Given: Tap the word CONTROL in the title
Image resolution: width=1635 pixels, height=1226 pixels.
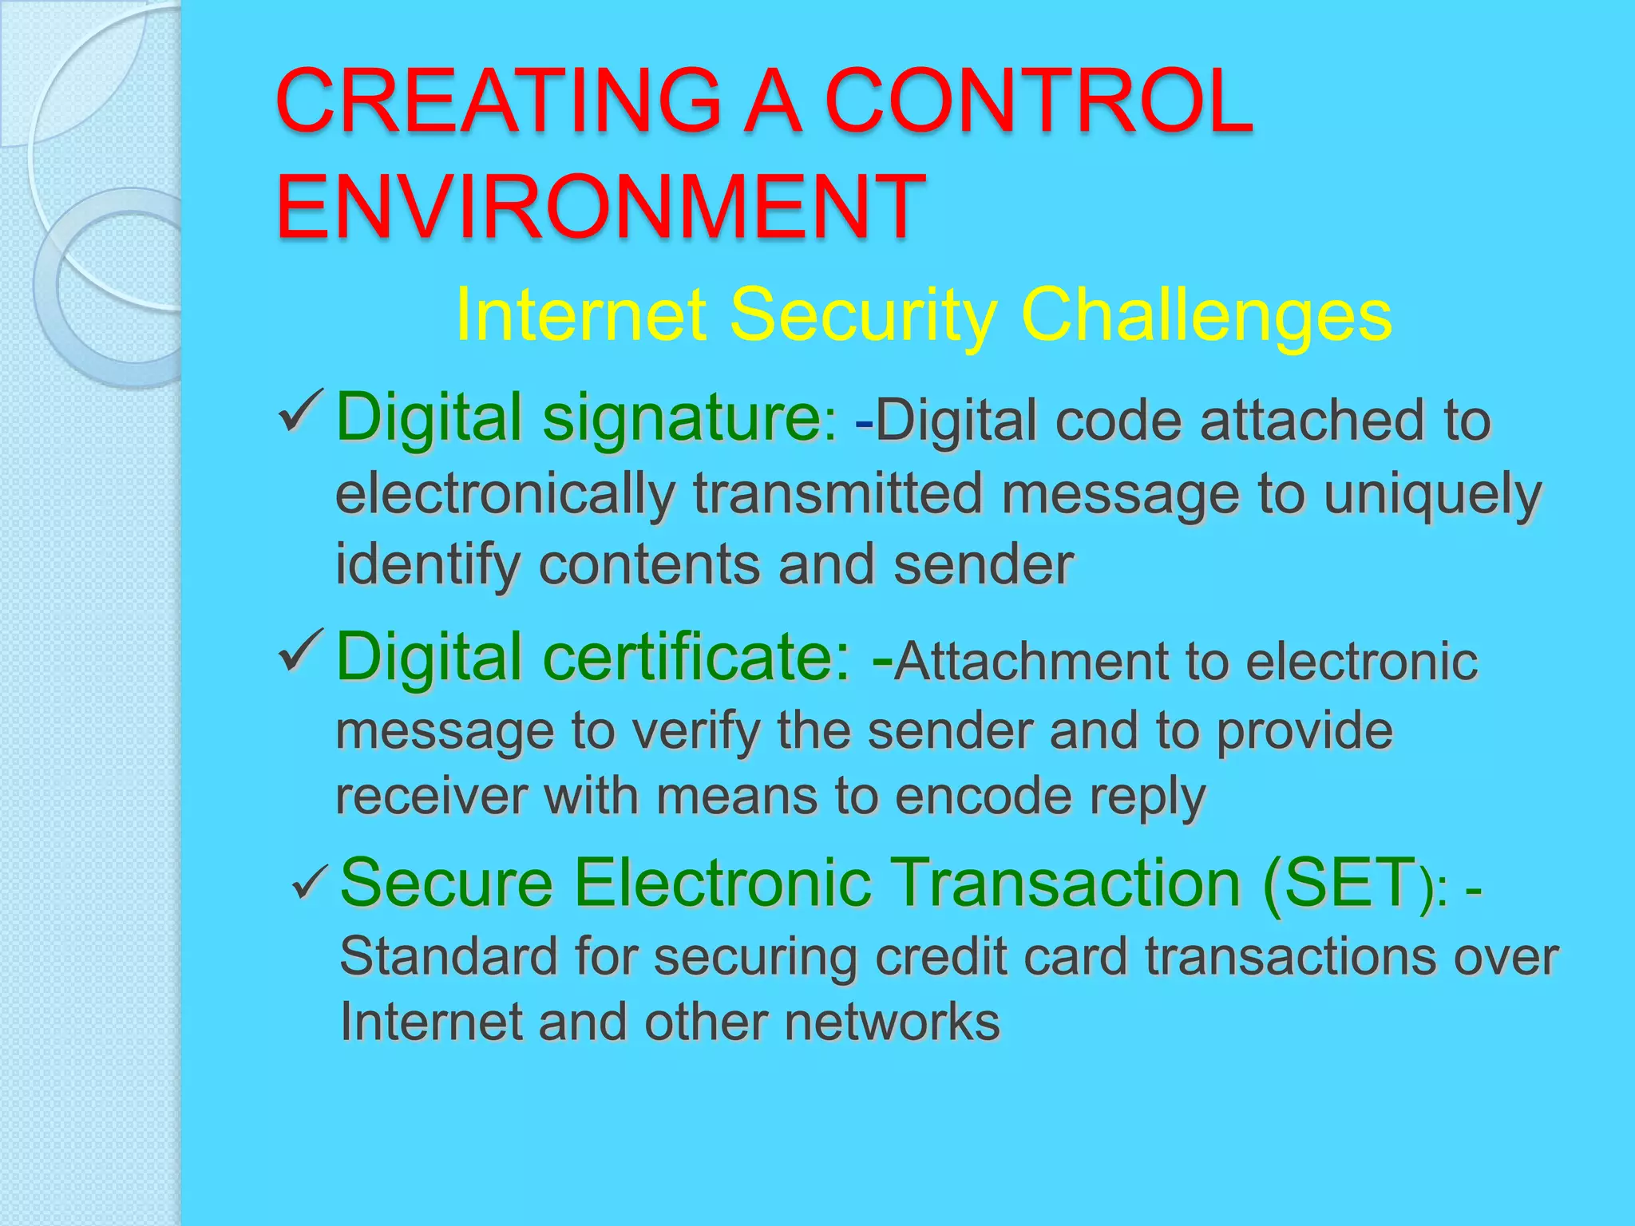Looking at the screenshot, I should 1038,101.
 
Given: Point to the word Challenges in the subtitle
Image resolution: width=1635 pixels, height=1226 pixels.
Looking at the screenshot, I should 1205,315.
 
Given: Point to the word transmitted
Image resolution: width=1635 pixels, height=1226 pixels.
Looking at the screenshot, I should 838,493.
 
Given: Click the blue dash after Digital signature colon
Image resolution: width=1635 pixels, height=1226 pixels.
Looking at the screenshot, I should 863,421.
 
